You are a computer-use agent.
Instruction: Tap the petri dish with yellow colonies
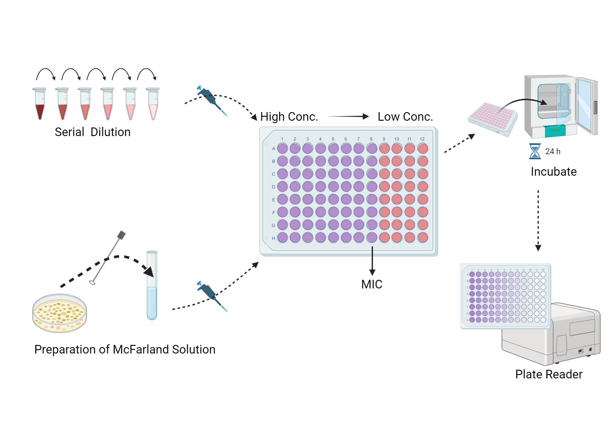pos(60,313)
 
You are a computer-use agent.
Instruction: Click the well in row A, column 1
pos(282,148)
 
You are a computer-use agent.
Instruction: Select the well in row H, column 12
pos(423,237)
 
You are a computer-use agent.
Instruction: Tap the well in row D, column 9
pos(384,186)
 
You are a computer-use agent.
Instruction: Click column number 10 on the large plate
pos(397,139)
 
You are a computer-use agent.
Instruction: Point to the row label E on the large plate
pos(273,200)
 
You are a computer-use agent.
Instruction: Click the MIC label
pos(372,284)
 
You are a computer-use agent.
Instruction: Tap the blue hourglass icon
pos(535,151)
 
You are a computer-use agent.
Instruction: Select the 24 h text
pos(553,151)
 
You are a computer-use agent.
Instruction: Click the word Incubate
pos(553,172)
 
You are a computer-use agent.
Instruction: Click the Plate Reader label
pos(549,374)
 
